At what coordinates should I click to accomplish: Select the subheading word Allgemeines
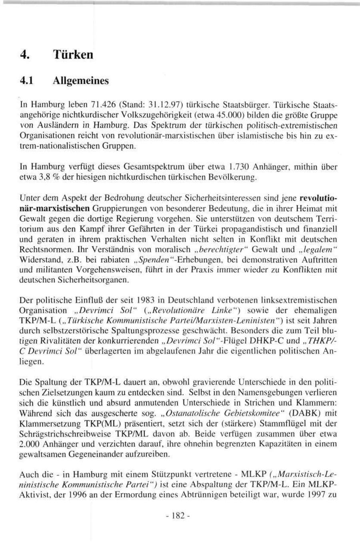point(80,81)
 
